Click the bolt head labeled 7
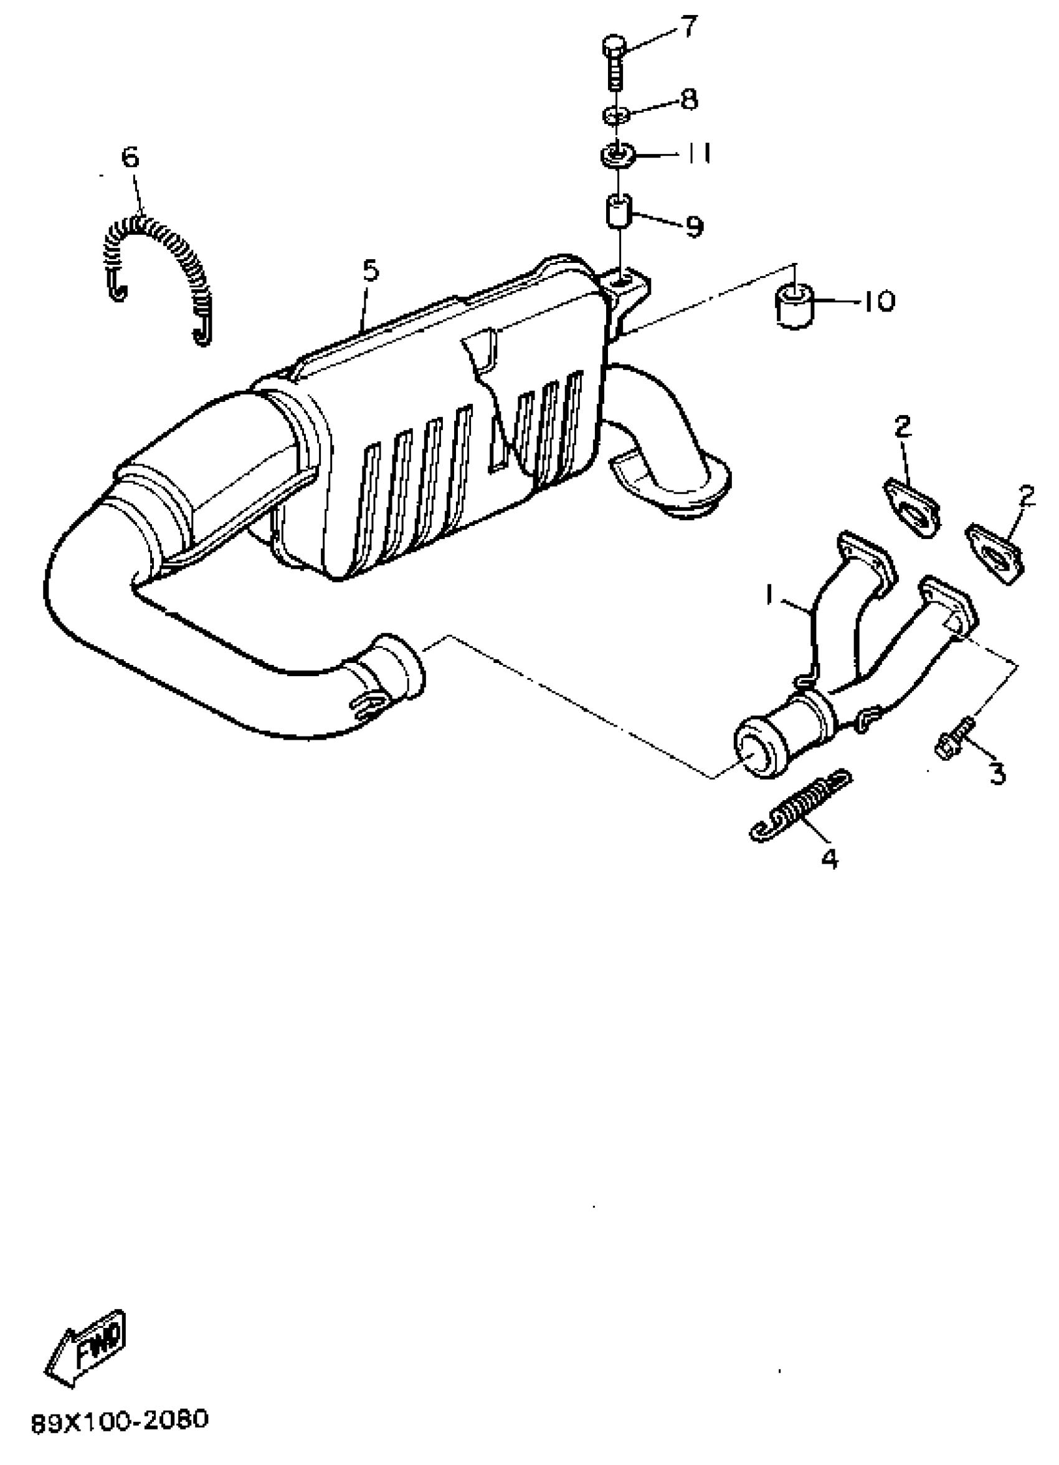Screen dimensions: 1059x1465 [614, 47]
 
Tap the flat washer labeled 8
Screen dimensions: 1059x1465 [616, 117]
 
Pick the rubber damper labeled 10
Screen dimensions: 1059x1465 [794, 305]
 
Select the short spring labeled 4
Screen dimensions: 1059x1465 [800, 806]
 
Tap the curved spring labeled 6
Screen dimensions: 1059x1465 [158, 259]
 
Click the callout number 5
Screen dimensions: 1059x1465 [370, 270]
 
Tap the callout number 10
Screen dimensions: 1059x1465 [879, 301]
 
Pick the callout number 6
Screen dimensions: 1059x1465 [130, 157]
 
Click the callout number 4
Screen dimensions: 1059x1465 [830, 859]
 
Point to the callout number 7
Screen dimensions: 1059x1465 [688, 29]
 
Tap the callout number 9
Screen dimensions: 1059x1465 [694, 227]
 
